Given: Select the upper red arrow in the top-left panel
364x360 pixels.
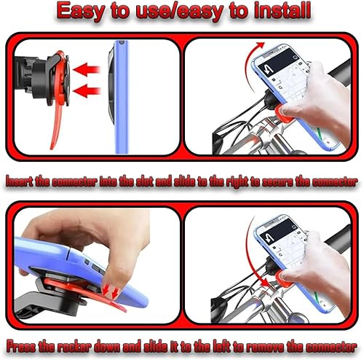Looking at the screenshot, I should [x=88, y=70].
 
